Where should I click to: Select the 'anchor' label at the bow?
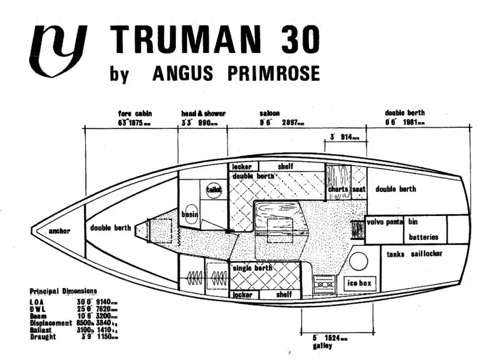tap(59, 231)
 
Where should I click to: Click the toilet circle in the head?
tap(214, 189)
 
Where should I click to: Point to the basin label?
tap(190, 214)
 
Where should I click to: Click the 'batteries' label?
tap(424, 237)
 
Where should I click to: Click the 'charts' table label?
tap(338, 190)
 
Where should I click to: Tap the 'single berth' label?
tap(254, 268)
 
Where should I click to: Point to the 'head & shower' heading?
tap(203, 113)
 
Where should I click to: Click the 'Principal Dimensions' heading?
tap(63, 290)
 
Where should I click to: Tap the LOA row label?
tap(37, 302)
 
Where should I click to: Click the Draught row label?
tap(43, 337)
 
